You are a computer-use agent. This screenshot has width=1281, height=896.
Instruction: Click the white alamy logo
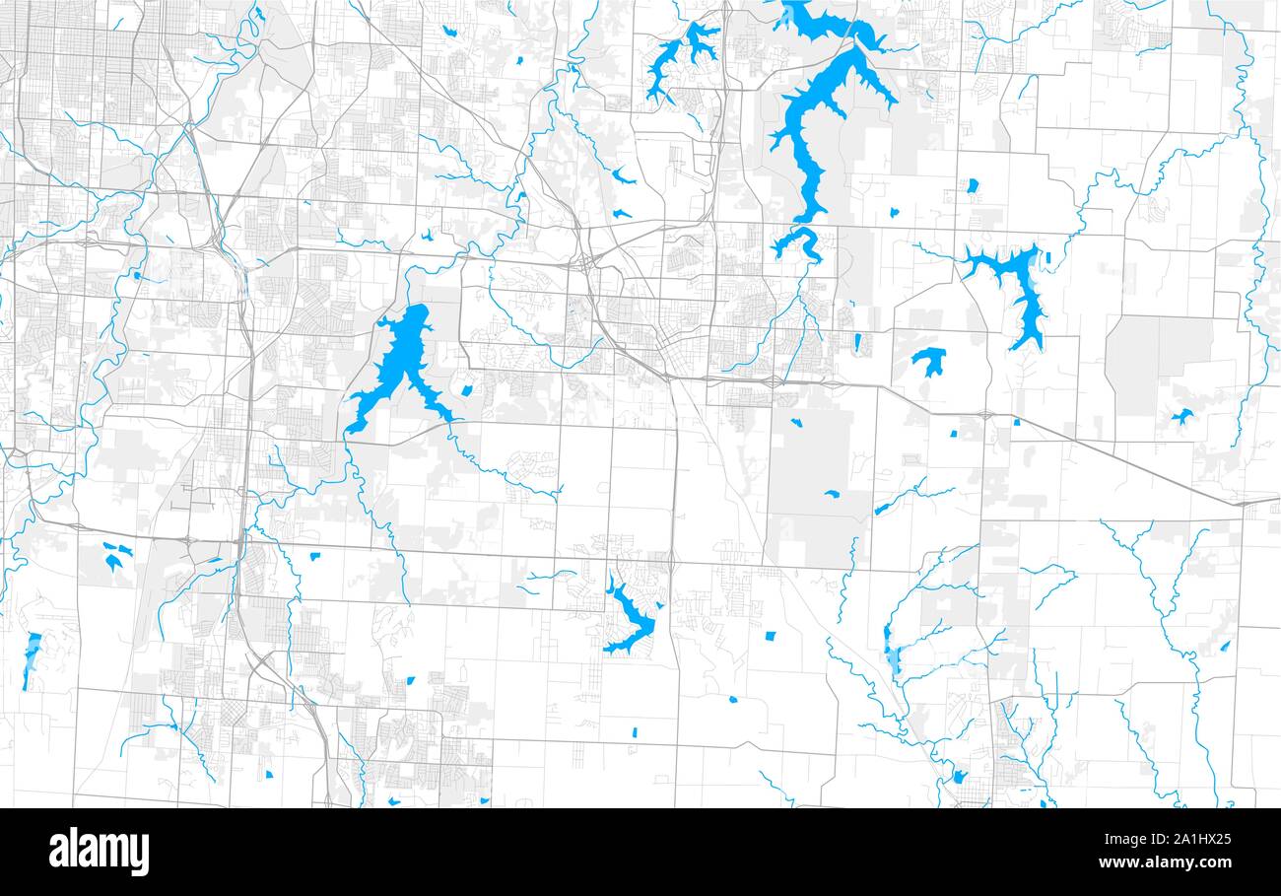100,852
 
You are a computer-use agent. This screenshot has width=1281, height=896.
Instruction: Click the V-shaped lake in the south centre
631,621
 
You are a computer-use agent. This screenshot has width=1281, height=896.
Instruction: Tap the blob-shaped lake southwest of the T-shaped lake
928,360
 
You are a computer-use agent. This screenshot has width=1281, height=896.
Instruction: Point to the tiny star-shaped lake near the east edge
1180,417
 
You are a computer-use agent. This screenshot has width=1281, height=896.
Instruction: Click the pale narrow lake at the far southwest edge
32,658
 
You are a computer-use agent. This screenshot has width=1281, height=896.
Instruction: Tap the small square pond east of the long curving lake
972,185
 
